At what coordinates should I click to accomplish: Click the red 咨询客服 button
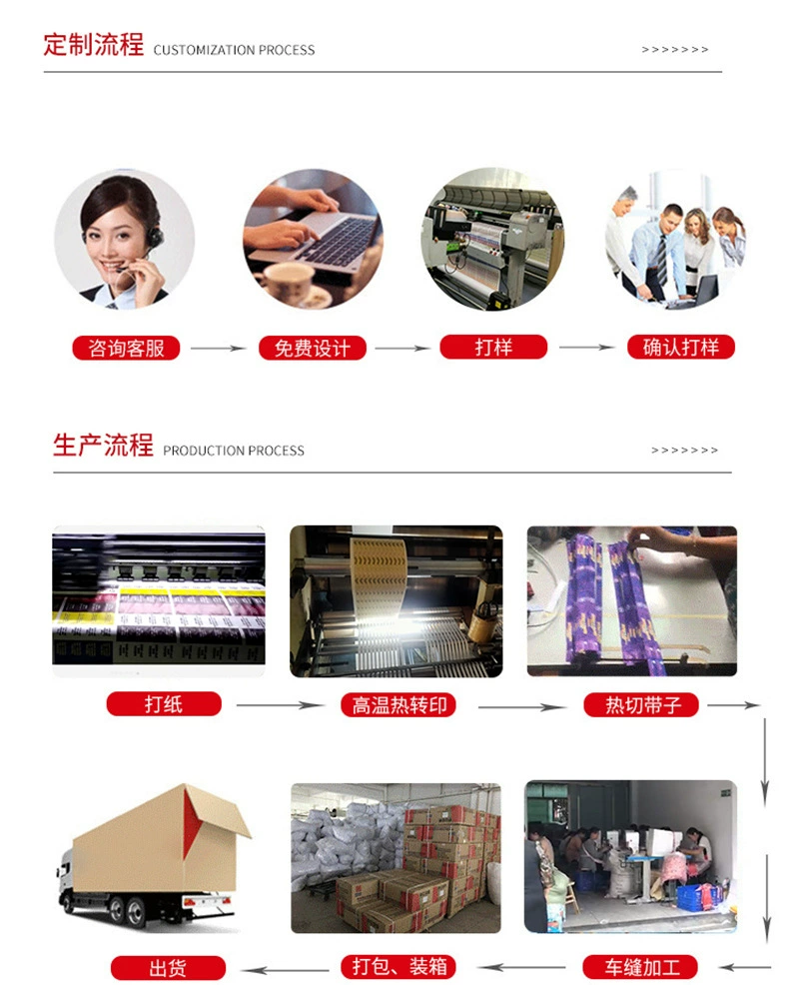click(126, 348)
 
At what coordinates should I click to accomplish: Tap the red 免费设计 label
click(313, 348)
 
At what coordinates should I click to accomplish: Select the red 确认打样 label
click(681, 347)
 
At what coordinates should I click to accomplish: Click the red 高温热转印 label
click(399, 705)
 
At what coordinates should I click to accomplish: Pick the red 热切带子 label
click(641, 705)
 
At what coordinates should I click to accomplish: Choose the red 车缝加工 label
click(641, 967)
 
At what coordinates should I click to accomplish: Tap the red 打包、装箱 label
click(399, 966)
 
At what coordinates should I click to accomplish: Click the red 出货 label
click(168, 968)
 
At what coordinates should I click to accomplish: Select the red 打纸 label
click(164, 703)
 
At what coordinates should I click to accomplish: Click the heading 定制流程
click(94, 45)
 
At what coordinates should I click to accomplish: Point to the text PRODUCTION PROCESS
click(234, 451)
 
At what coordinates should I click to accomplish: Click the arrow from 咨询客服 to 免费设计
click(219, 348)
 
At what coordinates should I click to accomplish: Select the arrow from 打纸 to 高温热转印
click(281, 705)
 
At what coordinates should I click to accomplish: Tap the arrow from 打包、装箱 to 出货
click(286, 969)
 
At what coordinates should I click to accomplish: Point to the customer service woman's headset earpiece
click(154, 238)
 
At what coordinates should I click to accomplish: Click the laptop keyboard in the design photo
click(333, 241)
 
